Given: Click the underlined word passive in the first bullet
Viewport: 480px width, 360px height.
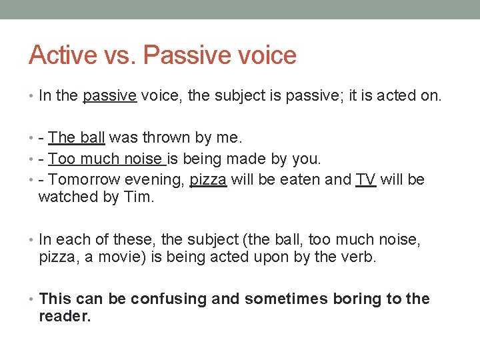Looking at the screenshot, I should (110, 96).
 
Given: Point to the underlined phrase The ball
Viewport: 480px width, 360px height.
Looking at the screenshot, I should (77, 138).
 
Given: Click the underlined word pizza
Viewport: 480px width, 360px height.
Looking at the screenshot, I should (208, 179).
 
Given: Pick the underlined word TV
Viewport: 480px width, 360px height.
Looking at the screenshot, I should (365, 179).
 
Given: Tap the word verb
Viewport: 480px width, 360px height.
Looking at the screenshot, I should (361, 257).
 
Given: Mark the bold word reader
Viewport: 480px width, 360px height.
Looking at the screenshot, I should (65, 317).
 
